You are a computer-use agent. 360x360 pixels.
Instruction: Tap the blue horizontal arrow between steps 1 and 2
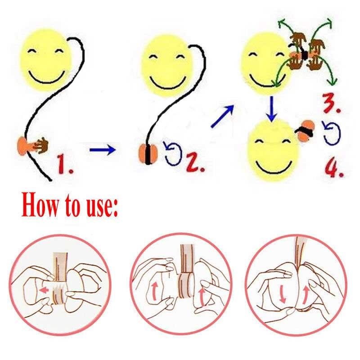tap(103, 150)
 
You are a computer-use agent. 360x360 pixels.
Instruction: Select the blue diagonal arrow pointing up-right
tap(222, 116)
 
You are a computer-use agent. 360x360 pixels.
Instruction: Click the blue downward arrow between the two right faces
tap(272, 109)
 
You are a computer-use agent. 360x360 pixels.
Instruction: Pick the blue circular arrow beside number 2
tap(173, 153)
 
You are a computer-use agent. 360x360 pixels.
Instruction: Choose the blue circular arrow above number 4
tap(331, 133)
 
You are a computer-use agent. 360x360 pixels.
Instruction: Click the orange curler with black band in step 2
tap(148, 154)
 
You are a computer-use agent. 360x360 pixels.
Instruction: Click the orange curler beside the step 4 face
tap(306, 130)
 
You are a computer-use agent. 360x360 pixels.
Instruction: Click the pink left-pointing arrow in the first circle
tap(44, 290)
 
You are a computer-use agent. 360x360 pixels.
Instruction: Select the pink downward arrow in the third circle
tap(283, 296)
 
